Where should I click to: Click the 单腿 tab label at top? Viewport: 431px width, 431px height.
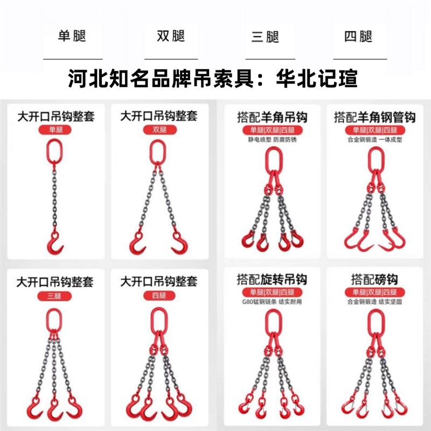coord(72,37)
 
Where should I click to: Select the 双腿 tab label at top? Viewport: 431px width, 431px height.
coord(171,37)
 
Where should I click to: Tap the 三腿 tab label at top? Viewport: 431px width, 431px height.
coord(265,37)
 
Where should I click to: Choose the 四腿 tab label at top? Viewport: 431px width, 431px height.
coord(358,37)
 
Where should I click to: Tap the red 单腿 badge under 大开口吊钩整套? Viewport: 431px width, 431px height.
coord(55,130)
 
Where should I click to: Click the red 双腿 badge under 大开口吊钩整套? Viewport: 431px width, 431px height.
coord(158,130)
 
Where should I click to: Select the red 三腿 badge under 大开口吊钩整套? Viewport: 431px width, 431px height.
coord(55,296)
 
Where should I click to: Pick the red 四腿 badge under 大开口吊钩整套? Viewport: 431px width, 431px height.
coord(158,296)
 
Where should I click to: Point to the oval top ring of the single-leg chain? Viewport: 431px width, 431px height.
coord(54,150)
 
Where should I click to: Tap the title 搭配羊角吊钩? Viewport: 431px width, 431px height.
coord(272,117)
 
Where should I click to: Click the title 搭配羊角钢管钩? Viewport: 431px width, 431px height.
coord(374,117)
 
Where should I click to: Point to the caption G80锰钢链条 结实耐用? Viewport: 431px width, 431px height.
coord(272,302)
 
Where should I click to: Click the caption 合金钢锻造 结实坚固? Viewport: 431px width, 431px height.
coord(374,302)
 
